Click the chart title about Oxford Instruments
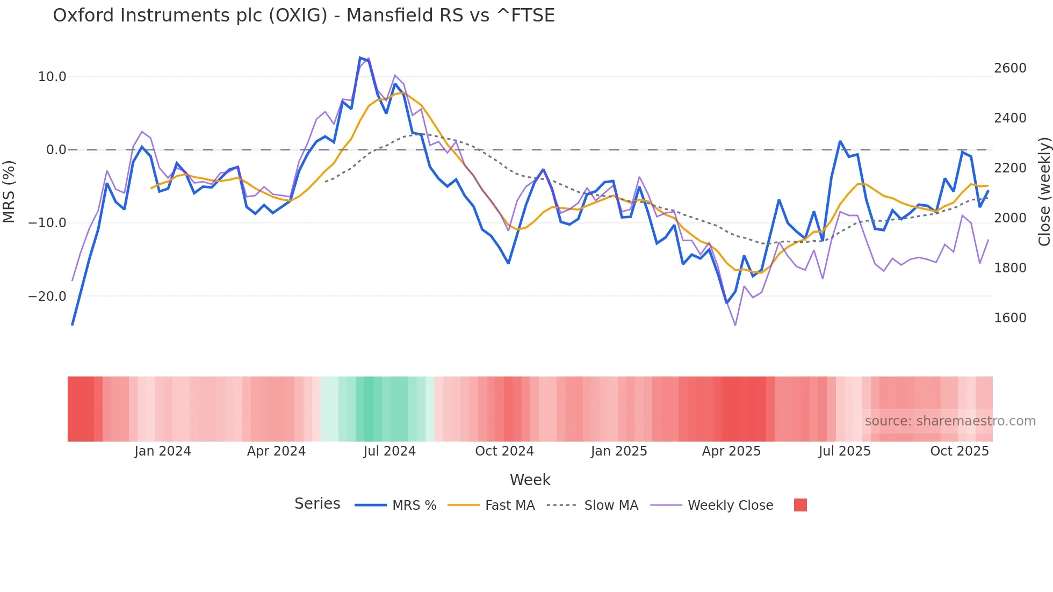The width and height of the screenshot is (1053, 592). click(304, 16)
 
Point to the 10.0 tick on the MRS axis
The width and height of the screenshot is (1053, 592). click(52, 77)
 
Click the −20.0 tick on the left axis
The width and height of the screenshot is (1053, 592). click(47, 296)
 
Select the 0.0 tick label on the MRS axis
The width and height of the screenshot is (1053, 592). click(56, 150)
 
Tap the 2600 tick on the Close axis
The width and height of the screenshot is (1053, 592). click(1010, 68)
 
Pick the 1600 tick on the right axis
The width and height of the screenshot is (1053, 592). click(1010, 318)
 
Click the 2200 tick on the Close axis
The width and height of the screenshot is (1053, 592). click(1010, 168)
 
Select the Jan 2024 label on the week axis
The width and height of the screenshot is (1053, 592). click(162, 451)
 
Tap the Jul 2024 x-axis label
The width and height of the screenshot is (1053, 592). click(390, 451)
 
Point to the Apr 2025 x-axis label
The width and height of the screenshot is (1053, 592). click(731, 451)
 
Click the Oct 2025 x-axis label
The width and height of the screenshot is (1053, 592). click(960, 451)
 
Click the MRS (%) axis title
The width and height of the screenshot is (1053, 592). click(9, 191)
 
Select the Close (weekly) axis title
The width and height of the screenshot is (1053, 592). click(1044, 191)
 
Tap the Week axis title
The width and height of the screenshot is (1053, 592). click(530, 480)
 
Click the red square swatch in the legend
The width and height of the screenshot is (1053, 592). click(800, 505)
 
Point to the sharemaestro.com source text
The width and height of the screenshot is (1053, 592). click(950, 421)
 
